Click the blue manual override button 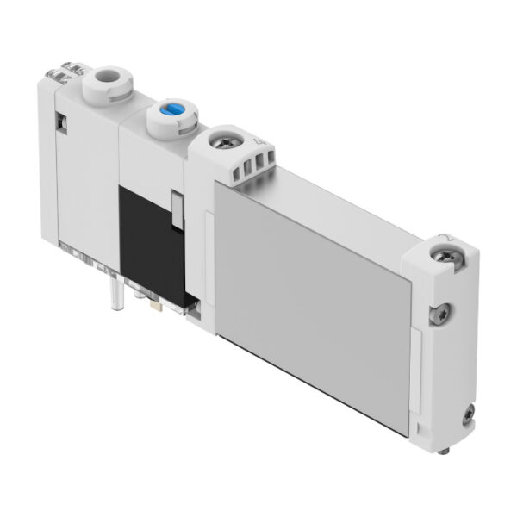tap(169, 114)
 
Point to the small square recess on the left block tap(62, 123)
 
